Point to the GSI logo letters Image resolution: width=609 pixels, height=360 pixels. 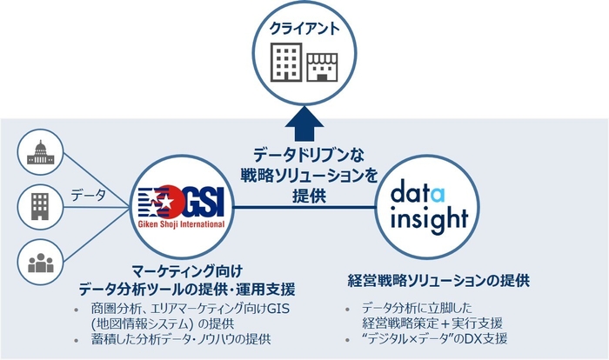pyautogui.click(x=197, y=198)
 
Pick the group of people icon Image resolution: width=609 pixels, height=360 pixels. pyautogui.click(x=42, y=264)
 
